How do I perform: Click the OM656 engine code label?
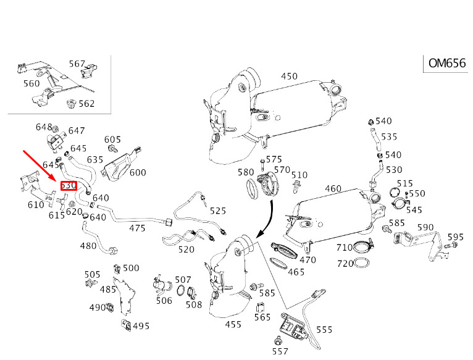447,64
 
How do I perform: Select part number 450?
289,76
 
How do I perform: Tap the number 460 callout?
333,189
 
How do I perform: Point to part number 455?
233,325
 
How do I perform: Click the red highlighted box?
69,186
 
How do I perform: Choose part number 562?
86,104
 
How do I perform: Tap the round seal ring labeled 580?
252,189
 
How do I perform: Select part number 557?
280,351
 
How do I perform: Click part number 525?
218,211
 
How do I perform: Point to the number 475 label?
137,228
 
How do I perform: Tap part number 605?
112,140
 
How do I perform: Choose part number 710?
345,248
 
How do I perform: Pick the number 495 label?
141,326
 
